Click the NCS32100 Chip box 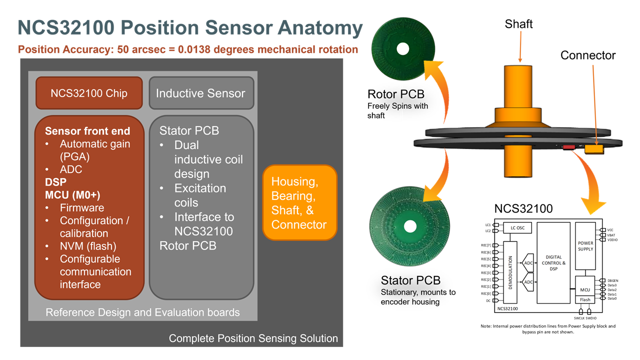[x=89, y=93]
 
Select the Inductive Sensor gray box [x=200, y=93]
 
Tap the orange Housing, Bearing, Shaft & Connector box [x=299, y=203]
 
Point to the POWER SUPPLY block [x=585, y=246]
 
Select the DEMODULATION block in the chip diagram [x=510, y=272]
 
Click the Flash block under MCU [x=585, y=299]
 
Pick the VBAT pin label [x=611, y=235]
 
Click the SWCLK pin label [x=579, y=318]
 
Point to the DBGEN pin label [x=613, y=280]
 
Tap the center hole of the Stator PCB [x=410, y=226]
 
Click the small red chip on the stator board [x=569, y=147]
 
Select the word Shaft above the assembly [x=518, y=24]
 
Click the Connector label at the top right [x=587, y=55]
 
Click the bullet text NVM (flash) [x=88, y=246]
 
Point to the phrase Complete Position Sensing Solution [x=253, y=338]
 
